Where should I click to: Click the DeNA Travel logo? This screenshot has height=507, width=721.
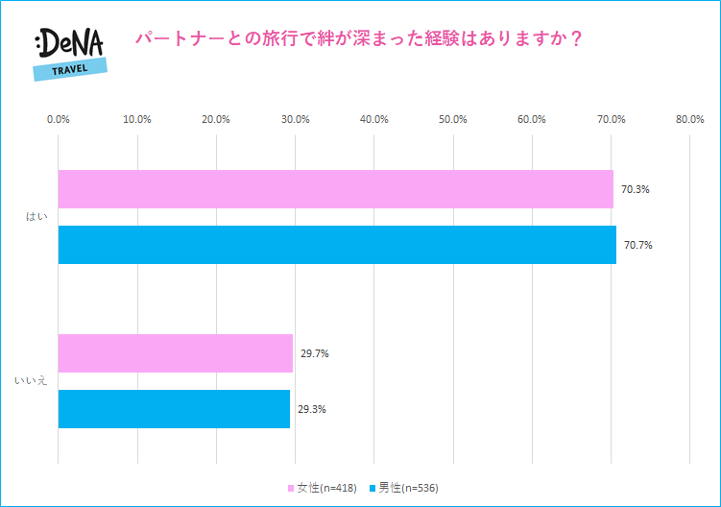(69, 53)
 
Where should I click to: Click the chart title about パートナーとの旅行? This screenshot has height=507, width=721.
(361, 39)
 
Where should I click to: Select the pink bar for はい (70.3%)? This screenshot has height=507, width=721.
(335, 189)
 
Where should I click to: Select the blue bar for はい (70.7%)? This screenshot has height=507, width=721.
(337, 245)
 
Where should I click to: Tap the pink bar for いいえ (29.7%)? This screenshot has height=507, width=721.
(175, 353)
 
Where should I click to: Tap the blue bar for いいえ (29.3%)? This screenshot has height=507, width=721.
(174, 408)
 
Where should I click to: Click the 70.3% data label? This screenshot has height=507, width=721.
(635, 189)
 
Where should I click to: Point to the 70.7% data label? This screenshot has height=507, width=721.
(637, 245)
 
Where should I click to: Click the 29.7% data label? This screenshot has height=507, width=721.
(314, 353)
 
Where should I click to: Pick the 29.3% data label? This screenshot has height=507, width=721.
(311, 408)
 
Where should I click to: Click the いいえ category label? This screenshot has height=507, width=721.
(31, 381)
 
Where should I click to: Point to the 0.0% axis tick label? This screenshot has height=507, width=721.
(59, 119)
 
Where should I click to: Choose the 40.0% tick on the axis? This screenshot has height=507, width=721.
(373, 119)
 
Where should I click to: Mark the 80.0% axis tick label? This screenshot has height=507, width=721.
(689, 119)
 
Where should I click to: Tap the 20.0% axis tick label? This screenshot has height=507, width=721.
(216, 119)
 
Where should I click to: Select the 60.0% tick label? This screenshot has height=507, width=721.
(532, 119)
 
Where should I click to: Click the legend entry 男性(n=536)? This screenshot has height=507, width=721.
(407, 488)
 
